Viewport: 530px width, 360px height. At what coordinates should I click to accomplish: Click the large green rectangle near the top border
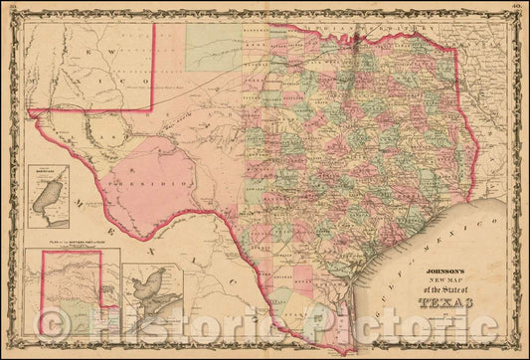click(214, 47)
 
